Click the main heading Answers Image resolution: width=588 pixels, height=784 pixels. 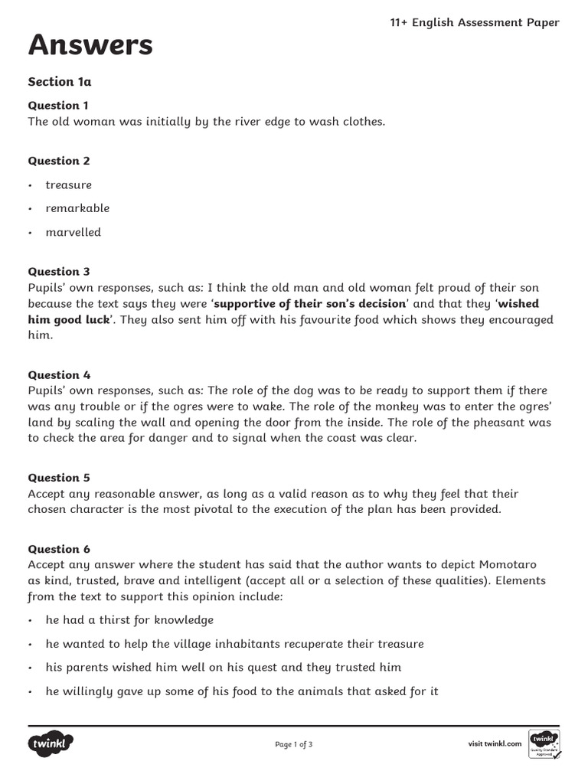(90, 46)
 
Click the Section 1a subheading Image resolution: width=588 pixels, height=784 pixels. (60, 81)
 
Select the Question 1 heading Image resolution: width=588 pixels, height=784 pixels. (59, 105)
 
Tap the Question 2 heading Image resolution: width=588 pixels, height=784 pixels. (59, 161)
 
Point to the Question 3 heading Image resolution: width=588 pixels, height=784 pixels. (59, 272)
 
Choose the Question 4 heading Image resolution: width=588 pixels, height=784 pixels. (59, 375)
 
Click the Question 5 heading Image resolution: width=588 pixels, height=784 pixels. (59, 478)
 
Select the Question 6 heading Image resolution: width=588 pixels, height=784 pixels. (59, 549)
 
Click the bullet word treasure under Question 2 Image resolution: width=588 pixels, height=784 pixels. (68, 185)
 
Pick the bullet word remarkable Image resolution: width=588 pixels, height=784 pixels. (77, 208)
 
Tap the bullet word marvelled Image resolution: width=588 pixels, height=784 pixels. (73, 232)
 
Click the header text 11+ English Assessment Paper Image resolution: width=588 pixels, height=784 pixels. (475, 22)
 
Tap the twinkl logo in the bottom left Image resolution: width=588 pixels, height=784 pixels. (51, 743)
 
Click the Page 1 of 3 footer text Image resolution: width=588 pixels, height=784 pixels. (293, 744)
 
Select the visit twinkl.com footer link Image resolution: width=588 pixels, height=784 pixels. (495, 743)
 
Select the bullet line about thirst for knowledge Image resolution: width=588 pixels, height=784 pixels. (129, 620)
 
